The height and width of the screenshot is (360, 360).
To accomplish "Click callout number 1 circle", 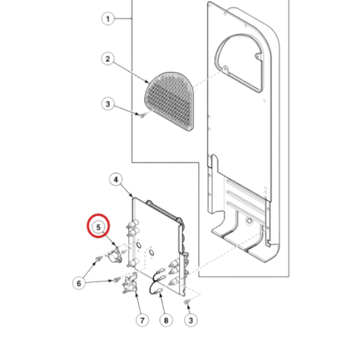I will point(107,20).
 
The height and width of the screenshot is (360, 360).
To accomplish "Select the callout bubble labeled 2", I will point(108,58).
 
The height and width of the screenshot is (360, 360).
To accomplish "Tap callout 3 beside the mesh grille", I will point(107,104).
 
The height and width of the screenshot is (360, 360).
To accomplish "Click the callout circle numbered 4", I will point(115,179).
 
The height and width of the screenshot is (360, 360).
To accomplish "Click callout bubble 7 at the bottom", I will point(142,320).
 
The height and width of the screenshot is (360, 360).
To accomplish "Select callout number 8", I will point(166,320).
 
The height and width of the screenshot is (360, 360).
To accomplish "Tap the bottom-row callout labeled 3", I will point(191,320).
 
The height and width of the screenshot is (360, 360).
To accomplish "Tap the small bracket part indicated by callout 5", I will point(114,257).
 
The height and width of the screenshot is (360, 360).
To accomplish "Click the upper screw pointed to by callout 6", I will point(97,260).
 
